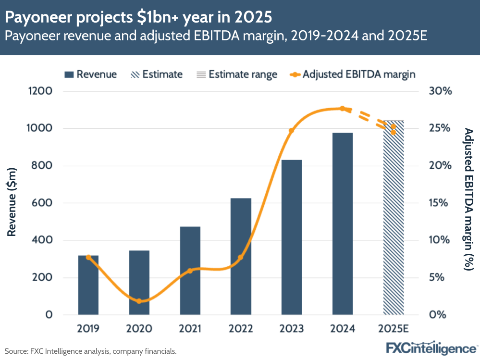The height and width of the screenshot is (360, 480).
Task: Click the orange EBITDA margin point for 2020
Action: pyautogui.click(x=139, y=301)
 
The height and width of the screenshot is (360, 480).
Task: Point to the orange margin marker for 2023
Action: pyautogui.click(x=292, y=131)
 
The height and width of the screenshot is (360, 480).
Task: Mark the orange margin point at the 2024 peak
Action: pyautogui.click(x=343, y=109)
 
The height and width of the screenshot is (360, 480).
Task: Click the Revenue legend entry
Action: pyautogui.click(x=91, y=74)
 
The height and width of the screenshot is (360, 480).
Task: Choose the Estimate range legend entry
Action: pyautogui.click(x=236, y=74)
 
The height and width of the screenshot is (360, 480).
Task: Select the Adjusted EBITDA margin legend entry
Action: pyautogui.click(x=353, y=74)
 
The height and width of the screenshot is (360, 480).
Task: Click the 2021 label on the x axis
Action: pyautogui.click(x=190, y=329)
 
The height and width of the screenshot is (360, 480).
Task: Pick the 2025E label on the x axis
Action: pyautogui.click(x=393, y=329)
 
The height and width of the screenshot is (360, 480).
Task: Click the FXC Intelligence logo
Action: pyautogui.click(x=431, y=348)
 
